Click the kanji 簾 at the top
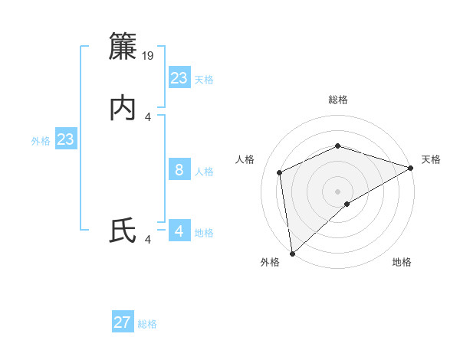[123, 47]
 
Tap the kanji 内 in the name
[123, 109]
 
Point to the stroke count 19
[149, 55]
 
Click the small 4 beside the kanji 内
[148, 116]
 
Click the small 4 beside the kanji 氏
[148, 240]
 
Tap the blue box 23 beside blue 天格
[179, 78]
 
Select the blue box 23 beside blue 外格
[66, 140]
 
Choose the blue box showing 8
[179, 170]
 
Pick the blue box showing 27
[123, 322]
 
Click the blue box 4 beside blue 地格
[179, 231]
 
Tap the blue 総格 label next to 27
[148, 324]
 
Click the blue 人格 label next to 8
[205, 172]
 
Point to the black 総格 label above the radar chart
[338, 100]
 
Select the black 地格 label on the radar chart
[402, 262]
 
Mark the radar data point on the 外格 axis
[292, 254]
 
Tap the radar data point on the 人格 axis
[280, 172]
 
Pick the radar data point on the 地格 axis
[347, 204]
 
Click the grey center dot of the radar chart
[338, 191]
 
